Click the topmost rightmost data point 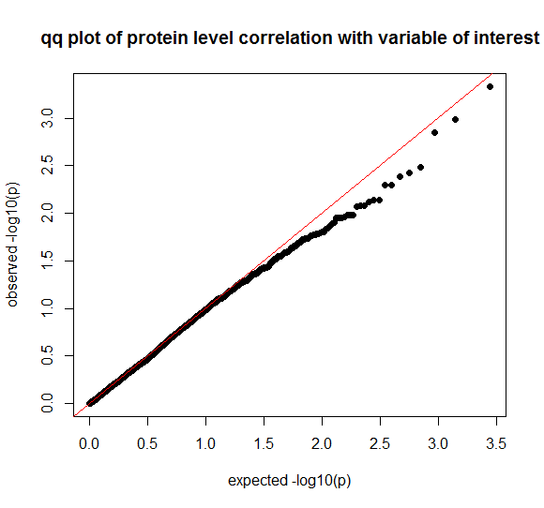[490, 86]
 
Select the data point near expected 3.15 [455, 120]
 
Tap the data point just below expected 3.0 [434, 132]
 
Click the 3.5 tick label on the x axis [496, 444]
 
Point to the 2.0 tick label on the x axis [322, 444]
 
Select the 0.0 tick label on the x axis [89, 444]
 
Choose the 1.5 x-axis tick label [264, 444]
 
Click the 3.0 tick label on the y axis [47, 118]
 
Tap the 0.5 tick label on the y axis [47, 355]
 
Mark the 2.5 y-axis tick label [47, 165]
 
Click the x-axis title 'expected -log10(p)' [289, 481]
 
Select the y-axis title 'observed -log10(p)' [12, 245]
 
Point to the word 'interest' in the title [506, 37]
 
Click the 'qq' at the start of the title [52, 38]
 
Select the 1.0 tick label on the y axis [47, 308]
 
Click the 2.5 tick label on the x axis [380, 444]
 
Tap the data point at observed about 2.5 [420, 167]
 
